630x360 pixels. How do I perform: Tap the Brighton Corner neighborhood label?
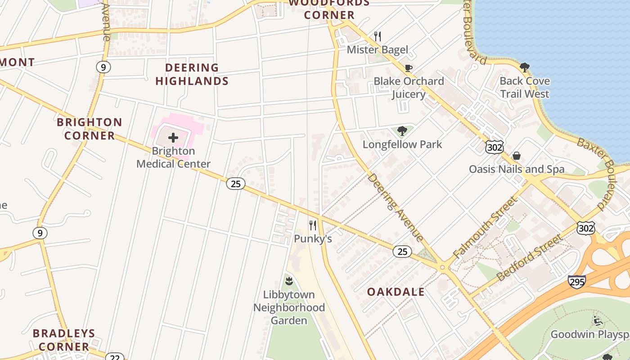point(90,129)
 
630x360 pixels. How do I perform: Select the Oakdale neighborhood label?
point(396,292)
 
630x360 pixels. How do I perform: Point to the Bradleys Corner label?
point(64,340)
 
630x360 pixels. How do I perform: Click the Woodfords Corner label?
point(329,9)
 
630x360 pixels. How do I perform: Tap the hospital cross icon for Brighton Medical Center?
point(173,138)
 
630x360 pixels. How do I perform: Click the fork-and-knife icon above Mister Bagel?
point(378,36)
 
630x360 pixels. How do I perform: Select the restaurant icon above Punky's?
point(313,225)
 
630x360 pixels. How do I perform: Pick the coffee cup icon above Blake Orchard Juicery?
point(408,68)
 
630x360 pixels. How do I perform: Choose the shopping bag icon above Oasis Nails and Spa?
point(517,156)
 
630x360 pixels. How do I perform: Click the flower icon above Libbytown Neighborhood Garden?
point(289,281)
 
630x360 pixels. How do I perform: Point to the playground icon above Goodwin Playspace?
point(598,321)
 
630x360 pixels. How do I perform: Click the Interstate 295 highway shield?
point(577,282)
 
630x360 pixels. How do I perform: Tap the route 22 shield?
point(114,357)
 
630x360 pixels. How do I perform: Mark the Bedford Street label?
point(530,258)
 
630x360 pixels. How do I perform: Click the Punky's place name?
point(313,238)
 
